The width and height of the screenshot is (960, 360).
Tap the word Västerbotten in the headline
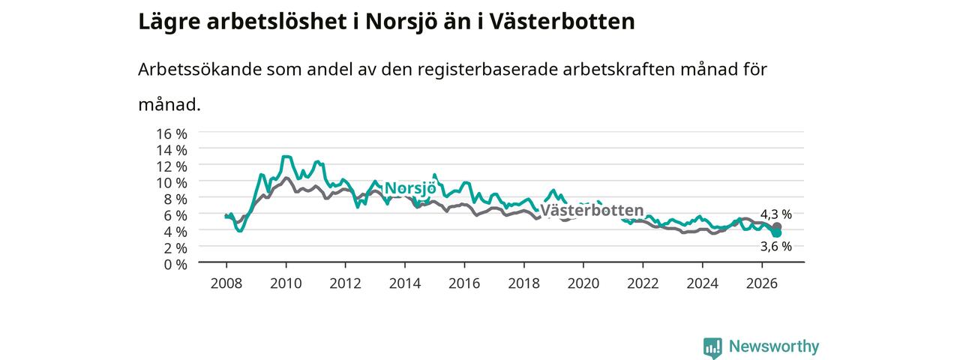pos(562,22)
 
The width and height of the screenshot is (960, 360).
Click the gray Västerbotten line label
pos(592,211)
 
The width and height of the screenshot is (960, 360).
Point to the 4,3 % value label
pos(775,214)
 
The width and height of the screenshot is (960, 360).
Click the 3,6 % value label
pos(775,247)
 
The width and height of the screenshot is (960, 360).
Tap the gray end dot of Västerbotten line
pos(777,226)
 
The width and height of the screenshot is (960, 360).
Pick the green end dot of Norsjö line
pos(776,232)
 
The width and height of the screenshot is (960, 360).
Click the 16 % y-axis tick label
pos(172,134)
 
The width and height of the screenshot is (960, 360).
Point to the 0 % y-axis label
pos(175,265)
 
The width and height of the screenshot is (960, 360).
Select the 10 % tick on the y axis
pos(172,183)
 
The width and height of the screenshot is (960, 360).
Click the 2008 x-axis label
pos(226,283)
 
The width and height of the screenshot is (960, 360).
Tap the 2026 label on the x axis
pos(761,283)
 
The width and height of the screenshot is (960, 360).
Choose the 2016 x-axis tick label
pos(464,283)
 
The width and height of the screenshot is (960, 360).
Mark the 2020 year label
pos(583,283)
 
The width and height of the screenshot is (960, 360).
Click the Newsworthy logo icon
pos(712,347)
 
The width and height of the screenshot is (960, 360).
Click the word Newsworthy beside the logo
pos(774,346)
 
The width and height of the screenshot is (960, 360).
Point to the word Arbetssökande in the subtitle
pos(199,70)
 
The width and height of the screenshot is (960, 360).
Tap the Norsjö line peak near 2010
pos(286,157)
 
